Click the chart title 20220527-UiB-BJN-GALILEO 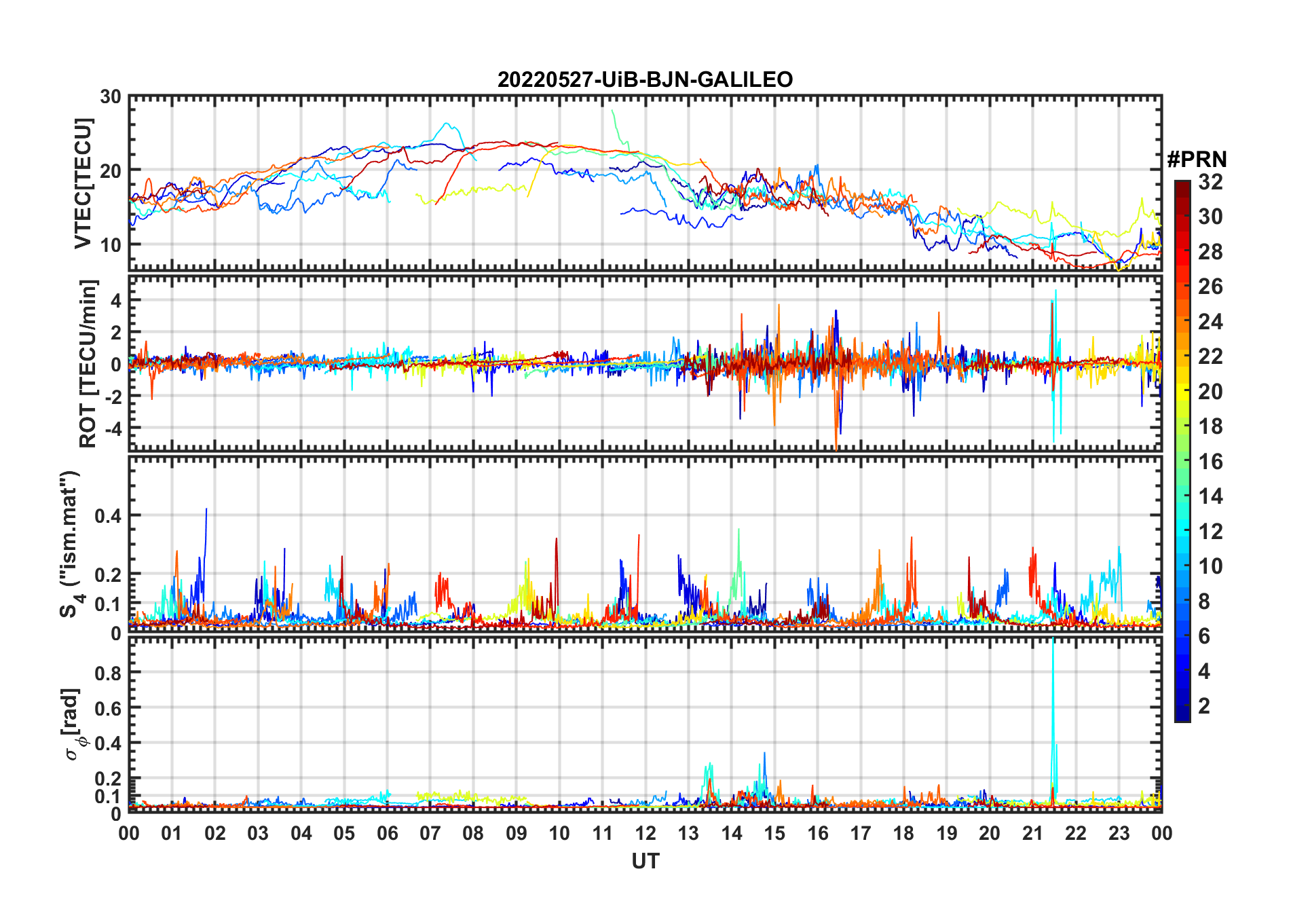tap(645, 80)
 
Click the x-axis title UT tap(645, 862)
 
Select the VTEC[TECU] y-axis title tap(83, 183)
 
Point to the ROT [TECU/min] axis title tap(88, 363)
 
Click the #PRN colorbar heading tap(1197, 160)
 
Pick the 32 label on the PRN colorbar tap(1210, 182)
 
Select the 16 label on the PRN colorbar tap(1210, 462)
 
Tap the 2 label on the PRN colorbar tap(1204, 706)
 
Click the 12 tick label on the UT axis tap(645, 833)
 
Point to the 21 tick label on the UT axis tap(1032, 833)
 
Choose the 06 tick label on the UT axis tap(387, 833)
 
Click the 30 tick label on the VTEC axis tap(111, 97)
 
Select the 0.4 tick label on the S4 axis tap(108, 516)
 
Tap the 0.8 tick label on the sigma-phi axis tap(108, 673)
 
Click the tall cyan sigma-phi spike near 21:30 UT tap(1053, 679)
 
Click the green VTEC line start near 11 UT tap(612, 111)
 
